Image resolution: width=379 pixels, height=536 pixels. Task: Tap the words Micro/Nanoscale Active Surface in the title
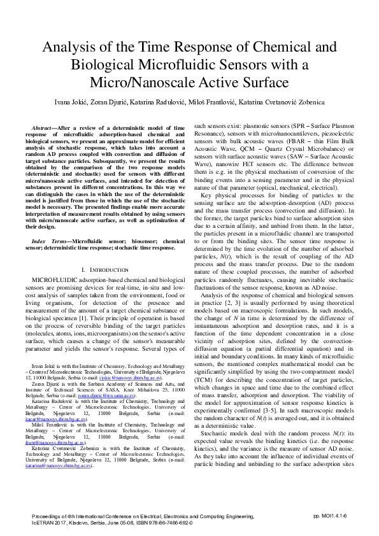point(189,82)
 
